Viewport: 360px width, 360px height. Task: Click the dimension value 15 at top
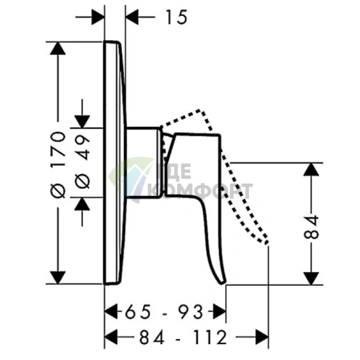click(176, 17)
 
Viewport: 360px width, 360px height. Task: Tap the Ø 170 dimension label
click(58, 165)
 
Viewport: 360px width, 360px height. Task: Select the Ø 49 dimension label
click(82, 162)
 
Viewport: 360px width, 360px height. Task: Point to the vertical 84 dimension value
click(311, 227)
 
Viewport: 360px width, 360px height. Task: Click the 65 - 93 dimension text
click(164, 312)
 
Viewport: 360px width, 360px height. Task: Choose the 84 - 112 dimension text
click(183, 337)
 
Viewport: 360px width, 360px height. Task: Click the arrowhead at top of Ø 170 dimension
click(57, 49)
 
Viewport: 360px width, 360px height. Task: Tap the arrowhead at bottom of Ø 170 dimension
click(57, 277)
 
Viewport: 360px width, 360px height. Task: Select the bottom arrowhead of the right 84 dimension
click(311, 278)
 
